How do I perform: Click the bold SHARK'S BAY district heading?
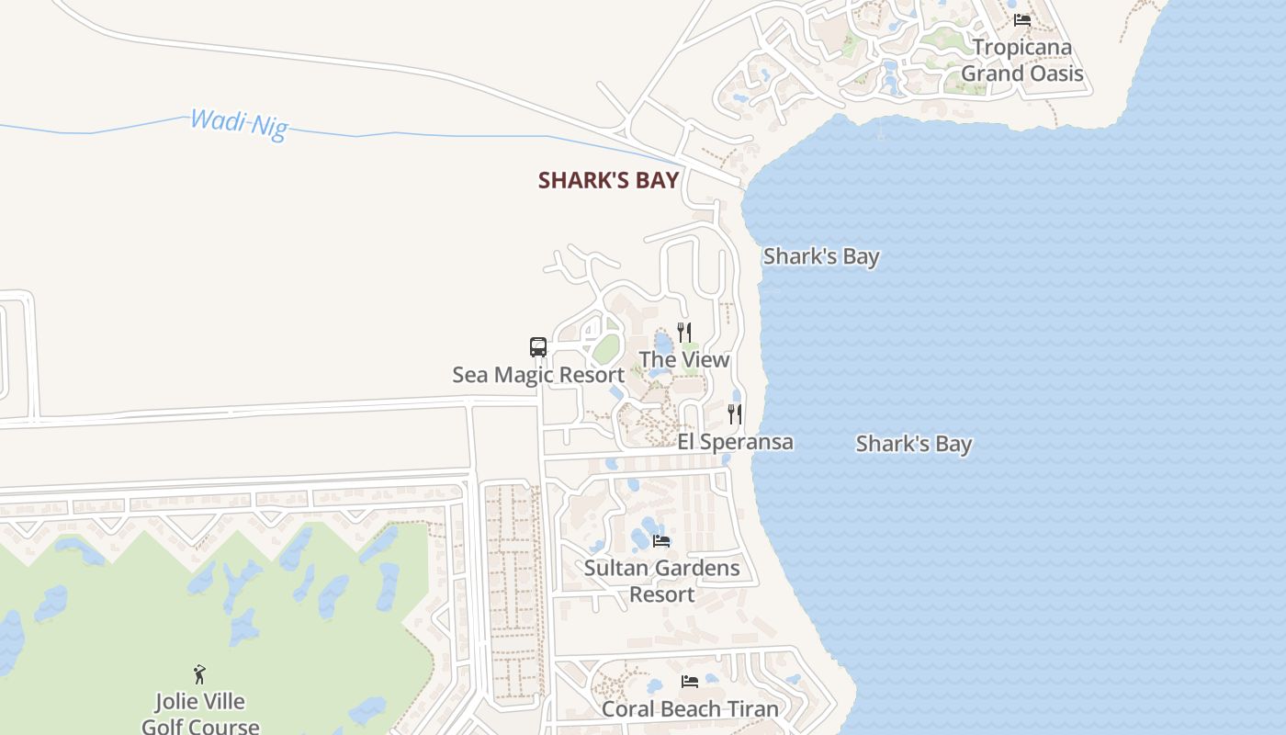point(608,180)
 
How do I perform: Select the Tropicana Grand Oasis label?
point(1022,61)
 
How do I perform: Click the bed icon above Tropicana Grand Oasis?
point(1022,19)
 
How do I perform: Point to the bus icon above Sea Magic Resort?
point(538,347)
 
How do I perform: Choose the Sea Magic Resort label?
point(538,375)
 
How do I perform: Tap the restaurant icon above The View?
point(684,332)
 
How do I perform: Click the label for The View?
point(684,359)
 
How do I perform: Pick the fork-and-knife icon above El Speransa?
point(735,414)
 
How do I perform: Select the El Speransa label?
point(736,442)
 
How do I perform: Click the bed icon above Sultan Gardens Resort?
point(661,540)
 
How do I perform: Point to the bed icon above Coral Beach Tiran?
point(690,682)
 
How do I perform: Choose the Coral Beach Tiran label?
point(690,709)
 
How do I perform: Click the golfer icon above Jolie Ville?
point(199,674)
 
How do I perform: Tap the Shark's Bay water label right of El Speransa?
point(914,444)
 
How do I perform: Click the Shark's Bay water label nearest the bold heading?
point(821,256)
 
